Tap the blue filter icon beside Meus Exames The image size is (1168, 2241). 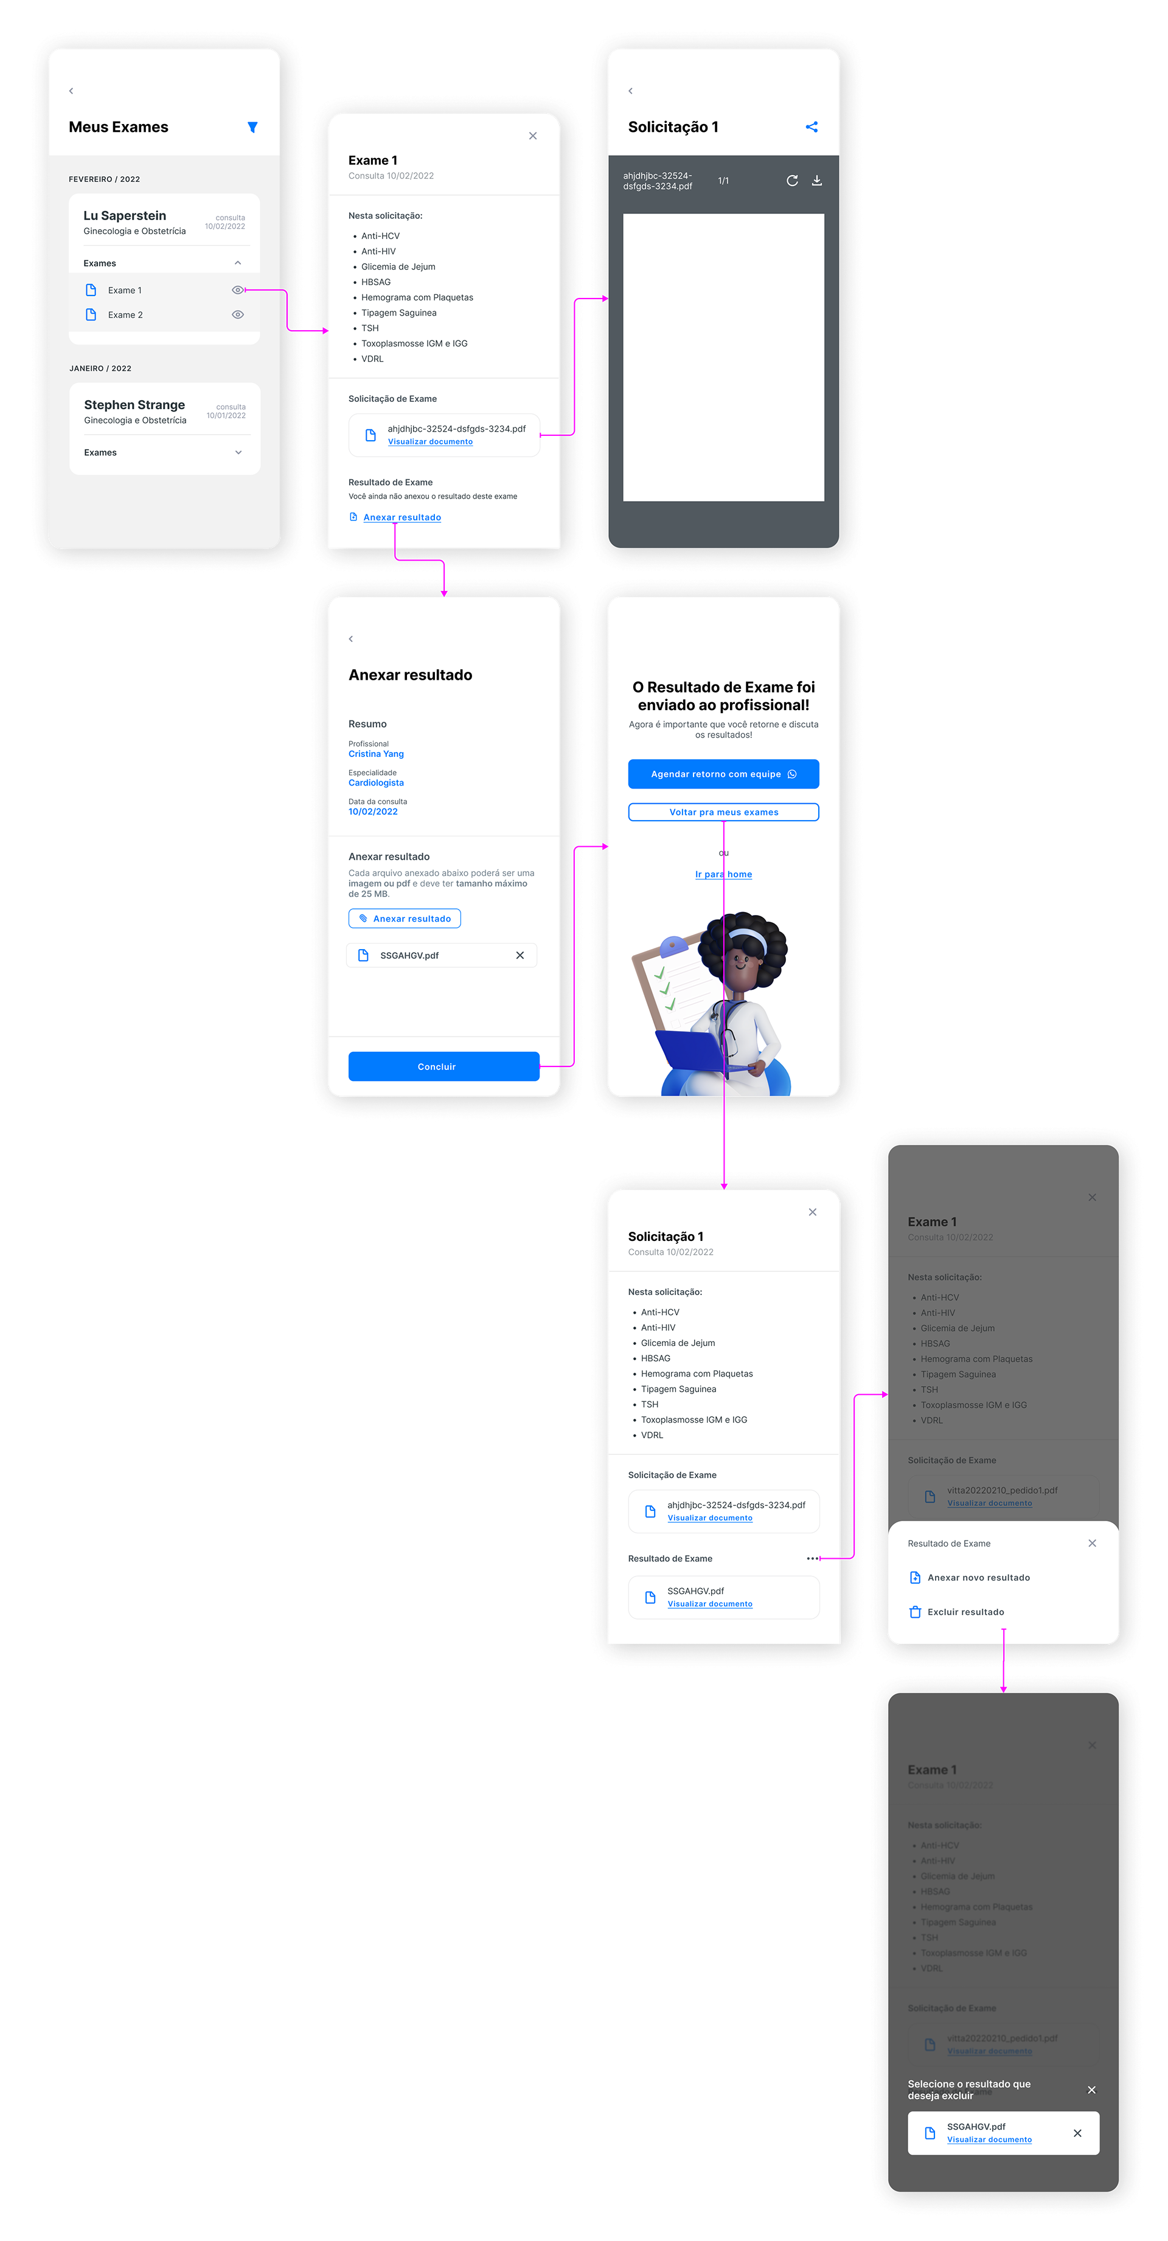pyautogui.click(x=252, y=127)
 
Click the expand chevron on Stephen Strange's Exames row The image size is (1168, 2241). pyautogui.click(x=238, y=452)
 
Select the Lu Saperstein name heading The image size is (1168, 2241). pyautogui.click(x=125, y=216)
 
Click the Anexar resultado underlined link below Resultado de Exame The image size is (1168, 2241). pyautogui.click(x=402, y=517)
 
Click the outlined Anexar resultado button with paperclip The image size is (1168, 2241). pyautogui.click(x=405, y=919)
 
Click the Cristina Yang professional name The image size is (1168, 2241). pyautogui.click(x=376, y=754)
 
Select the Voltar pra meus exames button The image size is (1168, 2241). pyautogui.click(x=723, y=812)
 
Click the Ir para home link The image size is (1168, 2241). pyautogui.click(x=723, y=874)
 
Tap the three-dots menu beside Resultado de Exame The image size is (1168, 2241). pyautogui.click(x=812, y=1558)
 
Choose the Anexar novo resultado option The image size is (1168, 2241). pyautogui.click(x=978, y=1577)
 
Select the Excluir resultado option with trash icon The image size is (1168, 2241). pyautogui.click(x=965, y=1612)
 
